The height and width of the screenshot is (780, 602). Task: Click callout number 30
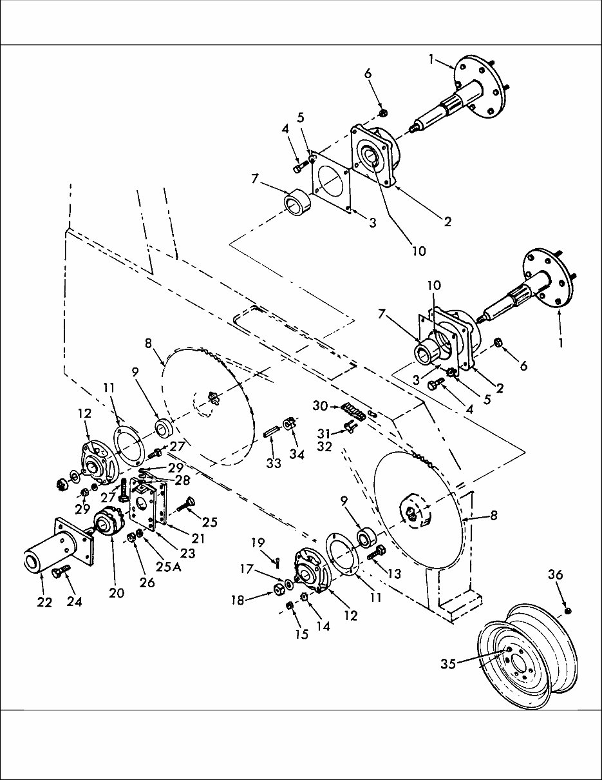coord(320,405)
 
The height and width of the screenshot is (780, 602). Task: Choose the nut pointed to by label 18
coord(279,588)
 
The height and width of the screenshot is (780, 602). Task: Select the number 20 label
coord(116,593)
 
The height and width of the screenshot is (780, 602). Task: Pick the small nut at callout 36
coord(567,610)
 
